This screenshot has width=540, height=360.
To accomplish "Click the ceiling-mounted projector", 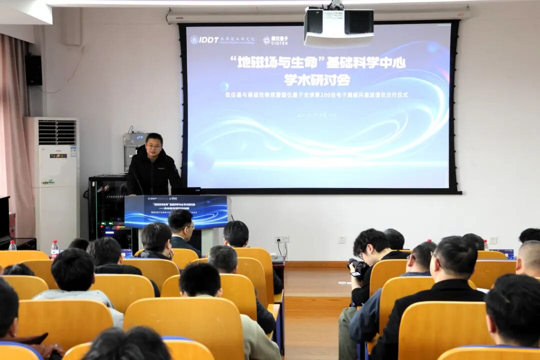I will (338, 26).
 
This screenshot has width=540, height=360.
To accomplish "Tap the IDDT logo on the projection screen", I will (204, 39).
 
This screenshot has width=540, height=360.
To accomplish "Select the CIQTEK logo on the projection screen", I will (275, 40).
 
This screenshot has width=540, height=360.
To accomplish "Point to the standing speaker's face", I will (154, 145).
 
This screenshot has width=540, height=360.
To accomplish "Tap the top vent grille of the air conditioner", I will (57, 132).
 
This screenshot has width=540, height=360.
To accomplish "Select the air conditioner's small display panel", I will (58, 156).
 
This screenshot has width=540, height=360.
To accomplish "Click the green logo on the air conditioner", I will (48, 182).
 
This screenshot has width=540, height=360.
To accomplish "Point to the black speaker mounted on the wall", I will (34, 69).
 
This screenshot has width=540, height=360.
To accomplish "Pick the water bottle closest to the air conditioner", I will (54, 249).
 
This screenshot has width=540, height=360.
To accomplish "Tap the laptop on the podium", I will (186, 190).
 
